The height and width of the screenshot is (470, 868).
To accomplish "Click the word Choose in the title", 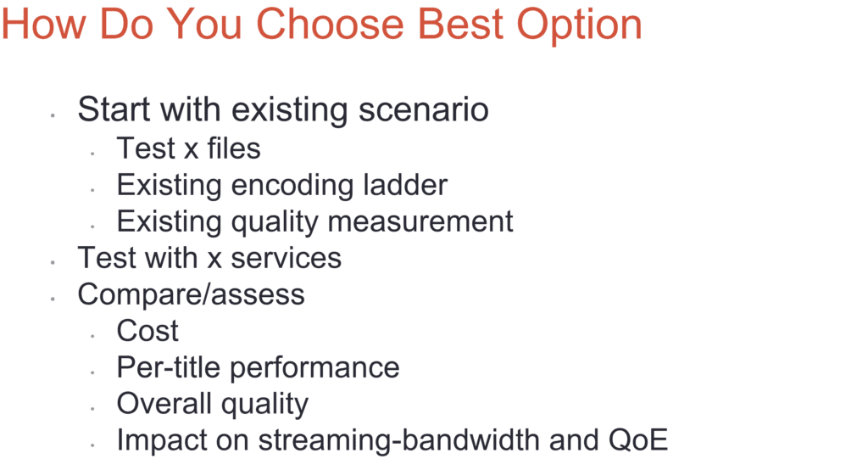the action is point(330,25).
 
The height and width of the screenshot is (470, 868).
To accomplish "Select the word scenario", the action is point(424,109).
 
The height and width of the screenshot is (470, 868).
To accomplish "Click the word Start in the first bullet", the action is point(114,109).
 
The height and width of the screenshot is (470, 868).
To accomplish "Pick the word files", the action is point(234,148).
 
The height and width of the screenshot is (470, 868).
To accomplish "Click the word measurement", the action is point(420,221).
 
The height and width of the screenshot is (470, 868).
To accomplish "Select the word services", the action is point(286,258).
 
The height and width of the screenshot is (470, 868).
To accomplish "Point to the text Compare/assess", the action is point(191,294).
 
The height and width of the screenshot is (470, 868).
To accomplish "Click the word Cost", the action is point(147,330).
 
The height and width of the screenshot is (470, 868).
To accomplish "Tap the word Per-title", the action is point(169,366).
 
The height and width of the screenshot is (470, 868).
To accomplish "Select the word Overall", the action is point(164,403).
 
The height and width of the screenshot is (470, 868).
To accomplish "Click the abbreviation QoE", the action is point(638,439).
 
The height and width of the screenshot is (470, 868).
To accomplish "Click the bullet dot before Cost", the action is point(92,336).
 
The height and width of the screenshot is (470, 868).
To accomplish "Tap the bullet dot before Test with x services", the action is point(53,263).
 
